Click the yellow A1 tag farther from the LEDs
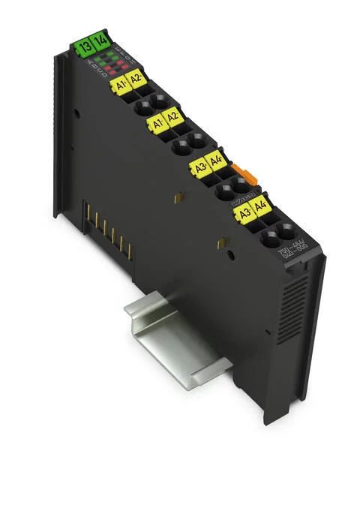pos(157,124)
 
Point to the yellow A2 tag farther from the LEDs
pos(173,117)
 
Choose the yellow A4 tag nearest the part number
pos(261,206)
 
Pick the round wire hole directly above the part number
pos(285,232)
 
